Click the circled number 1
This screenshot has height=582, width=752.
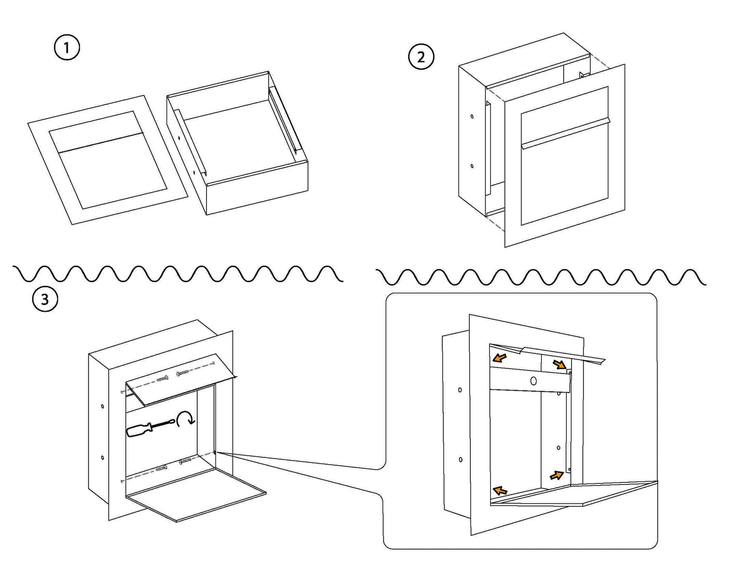[67, 48]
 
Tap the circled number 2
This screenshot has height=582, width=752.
[420, 56]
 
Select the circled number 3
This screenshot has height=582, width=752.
[45, 300]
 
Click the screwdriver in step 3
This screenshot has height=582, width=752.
[149, 428]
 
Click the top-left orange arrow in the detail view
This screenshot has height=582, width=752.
[500, 358]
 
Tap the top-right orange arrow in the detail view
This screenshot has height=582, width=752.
[560, 364]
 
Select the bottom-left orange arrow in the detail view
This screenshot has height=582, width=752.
[500, 490]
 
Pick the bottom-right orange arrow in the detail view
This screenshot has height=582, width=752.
[557, 475]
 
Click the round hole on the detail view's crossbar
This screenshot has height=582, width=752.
[533, 381]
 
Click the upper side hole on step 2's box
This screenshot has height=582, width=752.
[472, 116]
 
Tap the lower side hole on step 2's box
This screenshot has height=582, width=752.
[472, 166]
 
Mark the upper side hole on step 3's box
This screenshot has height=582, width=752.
[103, 406]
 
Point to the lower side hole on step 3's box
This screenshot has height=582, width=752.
[103, 458]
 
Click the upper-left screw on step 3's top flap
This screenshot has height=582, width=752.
[162, 378]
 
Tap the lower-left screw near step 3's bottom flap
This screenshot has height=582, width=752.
[161, 468]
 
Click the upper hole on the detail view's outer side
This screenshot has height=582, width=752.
[460, 389]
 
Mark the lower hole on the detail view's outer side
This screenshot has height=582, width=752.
[461, 460]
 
